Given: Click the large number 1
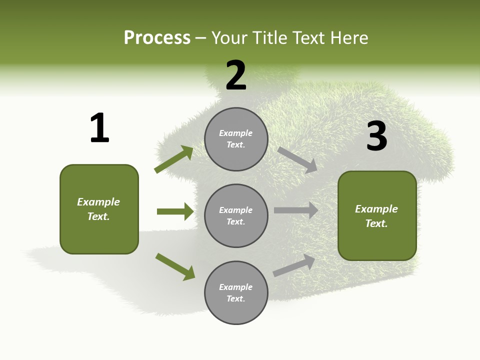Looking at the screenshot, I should coord(99,128).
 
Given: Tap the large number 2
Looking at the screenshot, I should coord(236,75).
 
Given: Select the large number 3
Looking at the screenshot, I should coord(376,136).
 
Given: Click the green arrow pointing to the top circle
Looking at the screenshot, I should coord(174,159).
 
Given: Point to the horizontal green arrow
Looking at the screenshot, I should coord(175,211).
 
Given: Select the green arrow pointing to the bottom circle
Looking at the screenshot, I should coord(175,266).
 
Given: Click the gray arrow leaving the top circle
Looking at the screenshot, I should coord(297,160).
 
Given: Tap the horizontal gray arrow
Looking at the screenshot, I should coord(296,210).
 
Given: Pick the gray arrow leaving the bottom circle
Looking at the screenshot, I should coord(294,265).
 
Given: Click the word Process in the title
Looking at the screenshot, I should coord(157,37).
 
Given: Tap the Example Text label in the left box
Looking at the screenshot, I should coord(98,209).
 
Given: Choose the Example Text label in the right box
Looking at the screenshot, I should coord(376,216).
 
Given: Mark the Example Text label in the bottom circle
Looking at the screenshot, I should coord(236,292).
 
